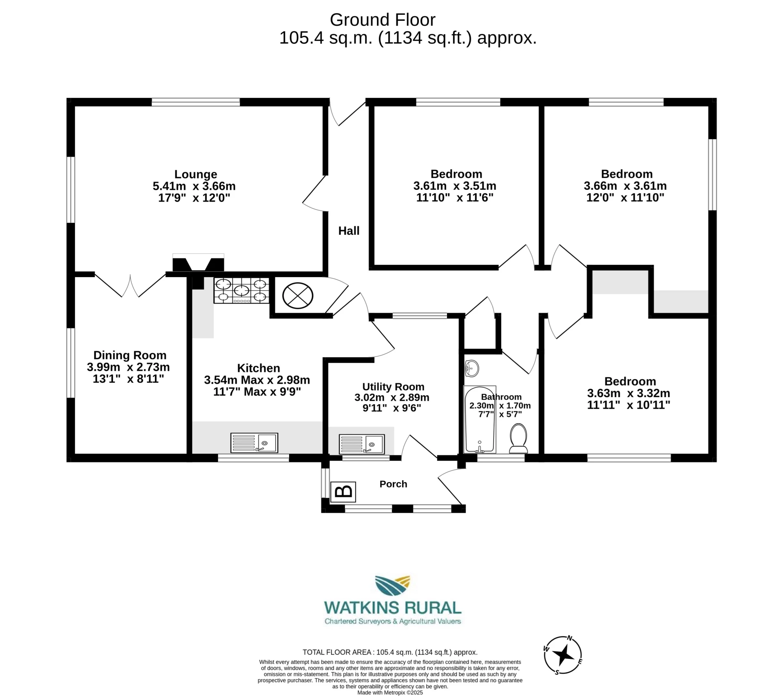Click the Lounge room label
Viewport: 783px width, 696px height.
coord(195,174)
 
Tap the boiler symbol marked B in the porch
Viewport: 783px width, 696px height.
coord(343,492)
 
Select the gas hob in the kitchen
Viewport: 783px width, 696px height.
coord(241,291)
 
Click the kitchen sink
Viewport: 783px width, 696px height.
coord(254,443)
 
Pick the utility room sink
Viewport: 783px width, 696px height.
coord(362,444)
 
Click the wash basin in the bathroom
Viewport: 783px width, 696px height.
coord(471,368)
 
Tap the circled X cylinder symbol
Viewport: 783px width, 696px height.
coord(298,296)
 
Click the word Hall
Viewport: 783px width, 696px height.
coord(349,231)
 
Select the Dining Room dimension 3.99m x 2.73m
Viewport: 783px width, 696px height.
coord(128,367)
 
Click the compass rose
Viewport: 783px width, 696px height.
coord(563,655)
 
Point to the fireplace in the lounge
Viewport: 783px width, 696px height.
coord(198,263)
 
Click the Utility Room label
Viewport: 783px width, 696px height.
coord(393,387)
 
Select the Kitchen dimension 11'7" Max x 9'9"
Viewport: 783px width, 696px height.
coord(257,392)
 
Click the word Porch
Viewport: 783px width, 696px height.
coord(393,484)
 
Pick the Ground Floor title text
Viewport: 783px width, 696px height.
coord(382,20)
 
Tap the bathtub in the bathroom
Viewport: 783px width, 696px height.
coord(480,420)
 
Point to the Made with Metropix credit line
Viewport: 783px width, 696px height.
coord(390,692)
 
